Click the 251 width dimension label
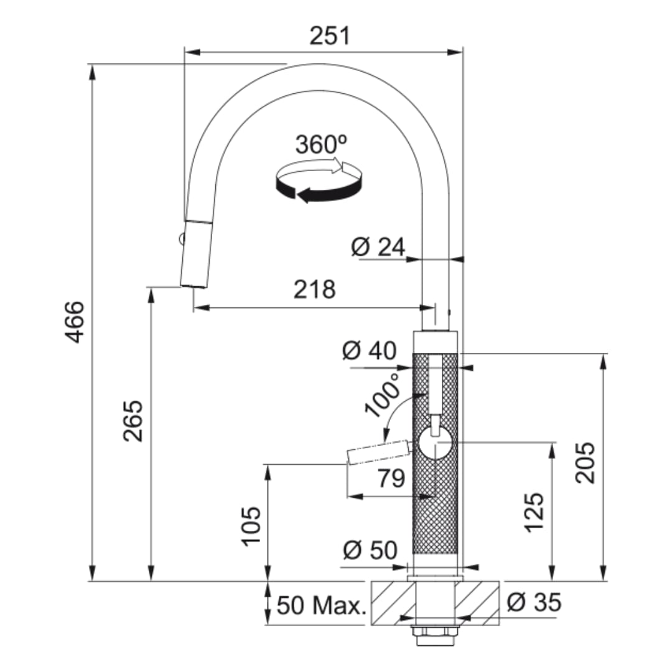click(330, 36)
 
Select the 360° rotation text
click(321, 144)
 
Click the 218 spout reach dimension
click(315, 289)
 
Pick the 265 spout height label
click(133, 421)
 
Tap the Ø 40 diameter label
click(370, 350)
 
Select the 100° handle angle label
click(382, 394)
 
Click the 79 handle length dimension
click(391, 478)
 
